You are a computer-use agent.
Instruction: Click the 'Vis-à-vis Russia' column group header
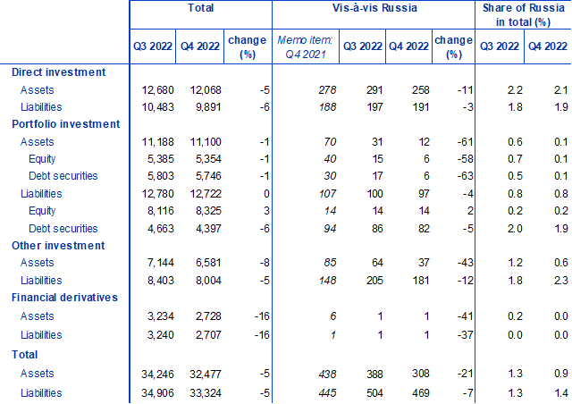(x=374, y=9)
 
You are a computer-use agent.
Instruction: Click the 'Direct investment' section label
(x=60, y=72)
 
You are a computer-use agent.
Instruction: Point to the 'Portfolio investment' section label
(x=65, y=124)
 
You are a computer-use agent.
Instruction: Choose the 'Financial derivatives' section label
(x=63, y=299)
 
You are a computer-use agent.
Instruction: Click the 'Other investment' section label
(x=58, y=246)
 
